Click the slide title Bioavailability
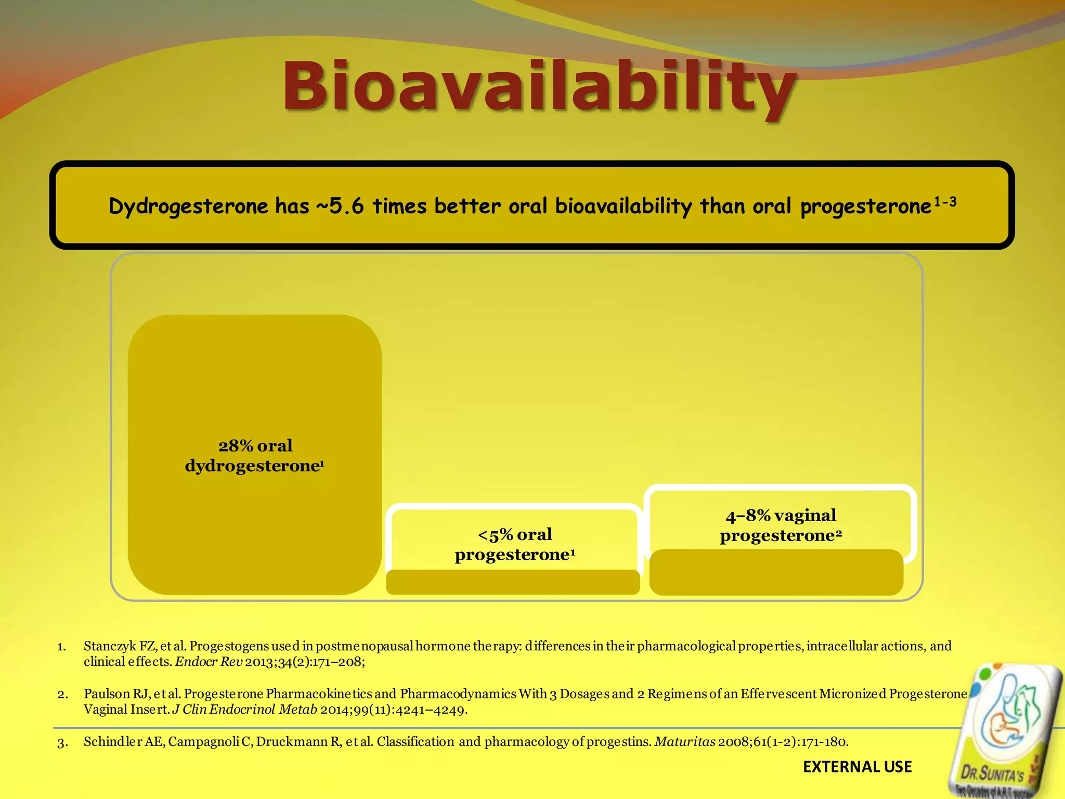(539, 86)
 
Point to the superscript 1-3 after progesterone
(945, 202)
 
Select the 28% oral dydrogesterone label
(255, 455)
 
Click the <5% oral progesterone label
(515, 544)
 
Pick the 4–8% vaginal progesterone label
(781, 525)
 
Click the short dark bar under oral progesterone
(513, 582)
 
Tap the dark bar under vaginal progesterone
(776, 572)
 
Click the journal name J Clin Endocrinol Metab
(244, 710)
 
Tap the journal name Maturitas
(685, 742)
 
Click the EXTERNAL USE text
(857, 767)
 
